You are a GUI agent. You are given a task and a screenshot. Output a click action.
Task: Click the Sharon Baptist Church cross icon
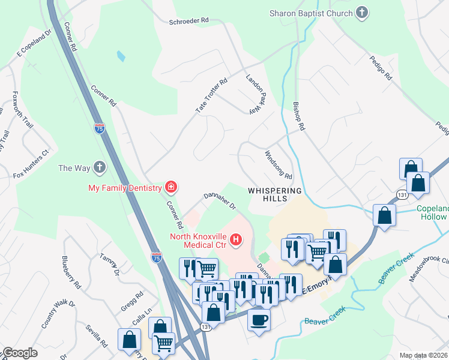click(362, 12)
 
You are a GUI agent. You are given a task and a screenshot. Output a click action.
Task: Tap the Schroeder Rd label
click(188, 20)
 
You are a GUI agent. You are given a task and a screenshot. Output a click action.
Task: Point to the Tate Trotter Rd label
click(212, 95)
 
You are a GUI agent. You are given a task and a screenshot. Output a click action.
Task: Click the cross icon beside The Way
click(100, 167)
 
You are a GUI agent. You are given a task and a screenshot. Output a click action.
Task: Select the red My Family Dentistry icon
click(171, 188)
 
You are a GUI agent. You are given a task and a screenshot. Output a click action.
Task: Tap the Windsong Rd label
click(279, 165)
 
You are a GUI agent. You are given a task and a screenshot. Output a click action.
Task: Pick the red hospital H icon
click(236, 241)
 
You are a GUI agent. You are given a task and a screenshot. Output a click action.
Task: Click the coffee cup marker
click(259, 319)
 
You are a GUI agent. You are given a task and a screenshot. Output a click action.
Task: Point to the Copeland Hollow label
click(432, 213)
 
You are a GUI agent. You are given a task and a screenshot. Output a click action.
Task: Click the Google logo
click(20, 353)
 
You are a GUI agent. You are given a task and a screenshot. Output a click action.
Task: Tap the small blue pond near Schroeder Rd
click(121, 56)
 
